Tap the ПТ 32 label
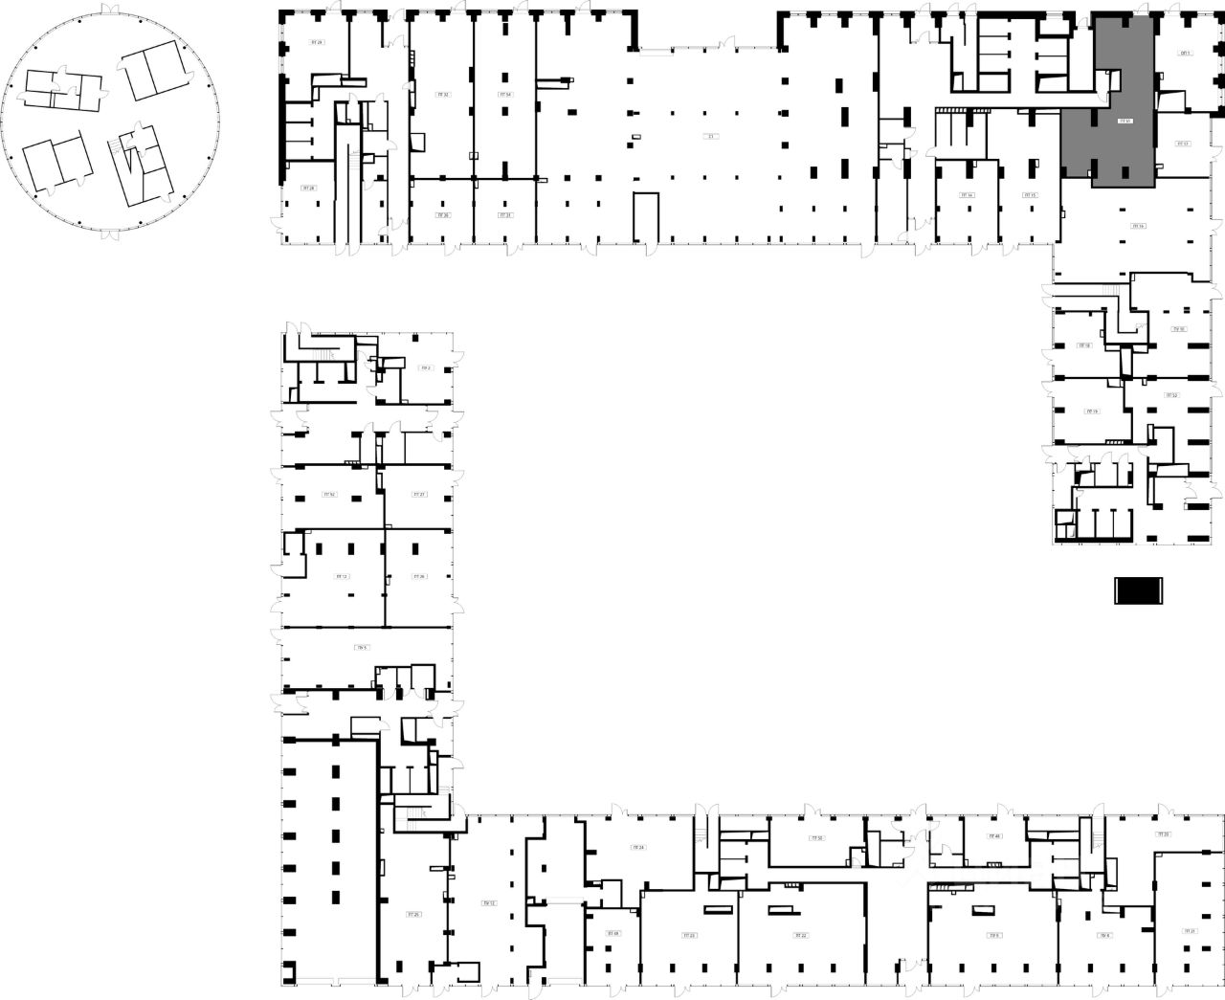[x=442, y=95]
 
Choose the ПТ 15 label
[x=1030, y=195]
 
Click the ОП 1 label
[x=1185, y=54]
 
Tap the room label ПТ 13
[x=1182, y=144]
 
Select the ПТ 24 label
[x=638, y=848]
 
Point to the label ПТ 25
[x=413, y=915]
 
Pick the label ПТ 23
[x=688, y=935]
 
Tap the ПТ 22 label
[x=801, y=935]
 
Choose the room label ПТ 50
[x=816, y=838]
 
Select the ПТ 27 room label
[x=418, y=495]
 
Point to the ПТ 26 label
[x=418, y=576]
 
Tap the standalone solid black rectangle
[x=1137, y=591]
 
